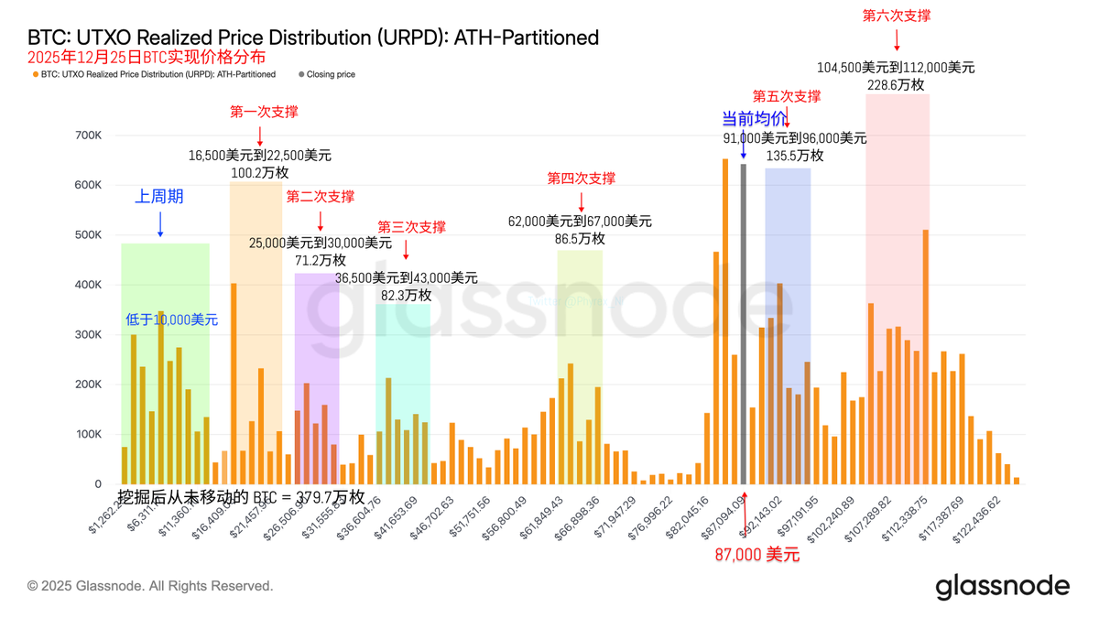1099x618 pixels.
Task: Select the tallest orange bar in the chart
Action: (725, 321)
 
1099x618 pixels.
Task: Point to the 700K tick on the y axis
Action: (88, 136)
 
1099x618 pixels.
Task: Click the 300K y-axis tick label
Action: (88, 335)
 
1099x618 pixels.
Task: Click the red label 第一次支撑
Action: (264, 112)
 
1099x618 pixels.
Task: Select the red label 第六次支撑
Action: (897, 16)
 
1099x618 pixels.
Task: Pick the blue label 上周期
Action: (159, 197)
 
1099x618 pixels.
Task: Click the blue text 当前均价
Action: (754, 119)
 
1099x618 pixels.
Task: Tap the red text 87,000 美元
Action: (756, 555)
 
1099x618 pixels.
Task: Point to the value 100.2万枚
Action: (260, 173)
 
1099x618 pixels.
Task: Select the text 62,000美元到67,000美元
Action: (580, 221)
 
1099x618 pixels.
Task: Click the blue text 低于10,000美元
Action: (172, 320)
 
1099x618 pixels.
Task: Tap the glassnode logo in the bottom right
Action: (1002, 586)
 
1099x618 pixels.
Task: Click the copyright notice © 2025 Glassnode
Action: (150, 586)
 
